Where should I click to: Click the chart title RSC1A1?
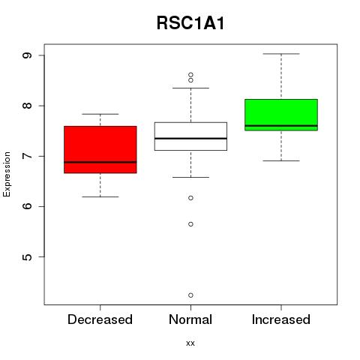coord(190,23)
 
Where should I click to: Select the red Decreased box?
coord(100,149)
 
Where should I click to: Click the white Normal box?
coord(190,136)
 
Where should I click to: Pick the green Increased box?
coord(281,115)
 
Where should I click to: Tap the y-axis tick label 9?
coord(27,55)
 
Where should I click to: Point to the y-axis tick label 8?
coord(27,106)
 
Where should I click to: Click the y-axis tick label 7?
coord(27,156)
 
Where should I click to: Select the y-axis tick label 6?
coord(27,206)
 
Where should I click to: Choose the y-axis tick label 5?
coord(27,257)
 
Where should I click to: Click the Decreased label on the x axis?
coord(100,319)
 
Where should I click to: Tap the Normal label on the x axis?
coord(190,319)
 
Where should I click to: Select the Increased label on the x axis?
coord(281,319)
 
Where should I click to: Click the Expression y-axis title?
coord(7,174)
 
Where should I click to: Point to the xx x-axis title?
coord(190,343)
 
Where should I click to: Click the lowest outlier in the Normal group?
coord(190,295)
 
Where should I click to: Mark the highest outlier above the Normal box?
coord(190,75)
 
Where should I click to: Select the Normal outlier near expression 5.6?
coord(190,224)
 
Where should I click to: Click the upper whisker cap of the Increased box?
coord(281,54)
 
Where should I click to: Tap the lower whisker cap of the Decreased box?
coord(100,197)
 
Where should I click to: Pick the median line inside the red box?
coord(100,162)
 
